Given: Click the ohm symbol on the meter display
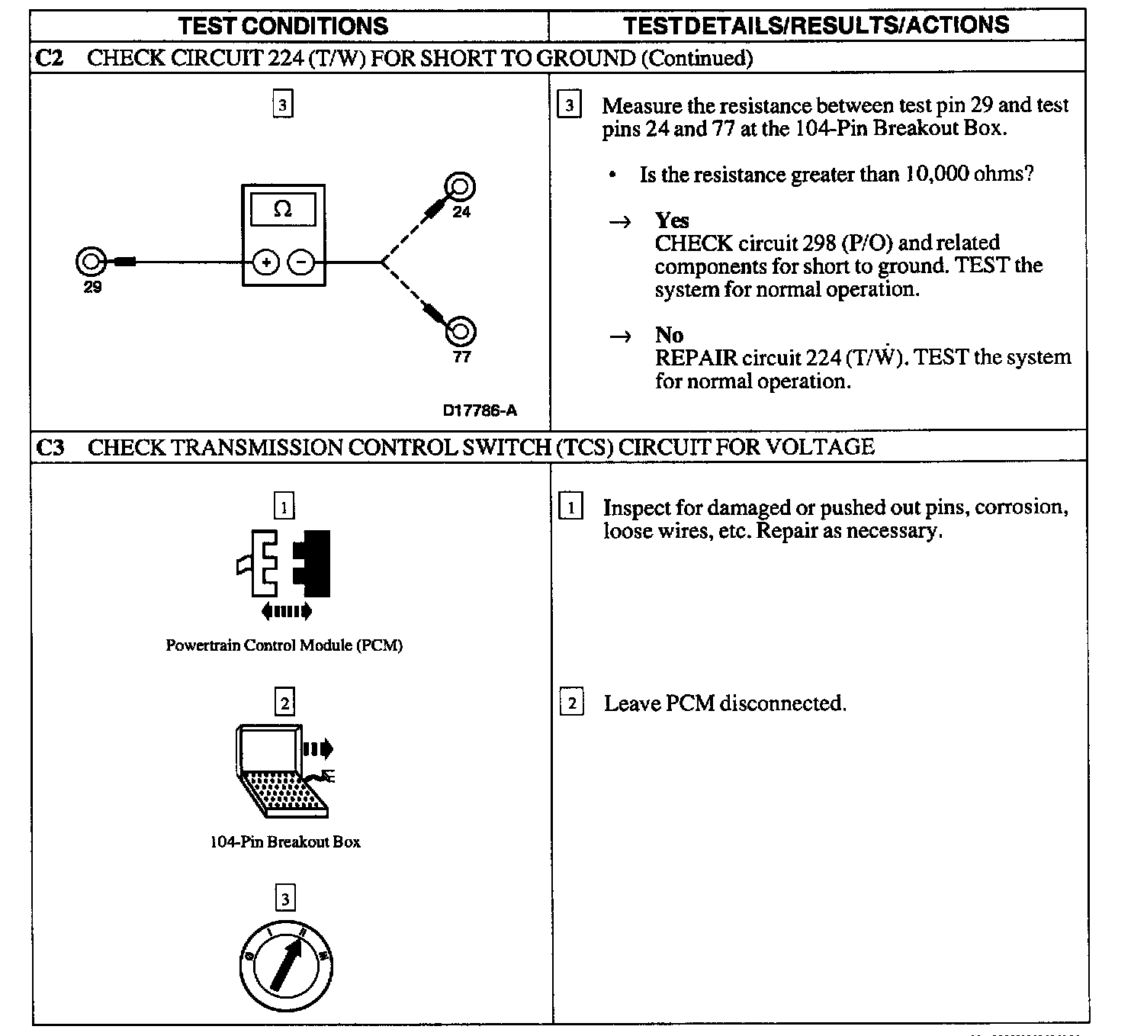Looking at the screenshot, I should [282, 209].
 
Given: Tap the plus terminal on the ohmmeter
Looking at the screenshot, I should [266, 263].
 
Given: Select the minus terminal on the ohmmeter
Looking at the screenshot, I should [301, 263].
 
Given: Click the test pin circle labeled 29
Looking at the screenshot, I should [90, 262].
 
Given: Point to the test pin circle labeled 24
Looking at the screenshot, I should [461, 187].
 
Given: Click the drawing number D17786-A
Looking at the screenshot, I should [480, 410].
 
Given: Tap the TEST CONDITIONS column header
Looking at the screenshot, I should [283, 26].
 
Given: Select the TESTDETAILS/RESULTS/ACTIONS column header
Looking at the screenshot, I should [816, 25].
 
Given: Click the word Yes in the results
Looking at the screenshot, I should [672, 220].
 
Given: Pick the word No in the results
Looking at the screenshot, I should [669, 335].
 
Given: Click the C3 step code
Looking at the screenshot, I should [50, 447].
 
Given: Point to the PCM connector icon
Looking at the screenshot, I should [284, 563].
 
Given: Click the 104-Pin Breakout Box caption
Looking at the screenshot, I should [285, 842].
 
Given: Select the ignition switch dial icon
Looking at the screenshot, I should [286, 967].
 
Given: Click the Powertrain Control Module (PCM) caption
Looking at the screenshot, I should [284, 645].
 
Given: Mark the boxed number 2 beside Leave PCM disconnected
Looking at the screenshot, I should [571, 703].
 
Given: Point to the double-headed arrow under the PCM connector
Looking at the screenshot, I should [286, 610].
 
